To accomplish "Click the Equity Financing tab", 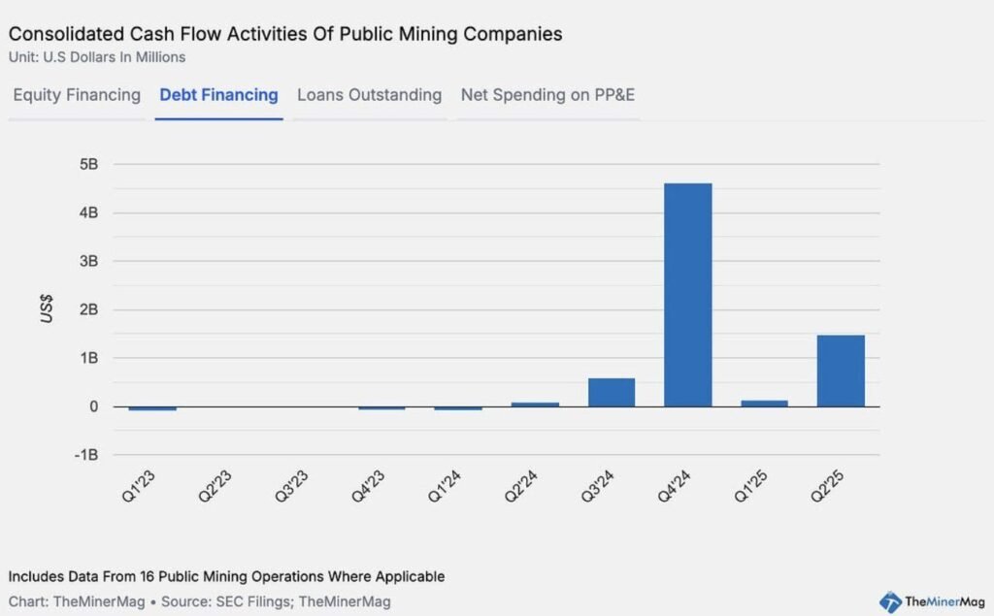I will tap(77, 95).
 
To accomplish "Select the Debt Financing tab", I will tap(218, 95).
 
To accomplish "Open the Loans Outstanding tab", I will tap(369, 95).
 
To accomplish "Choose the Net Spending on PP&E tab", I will tap(547, 95).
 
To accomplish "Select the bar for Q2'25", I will tap(841, 371).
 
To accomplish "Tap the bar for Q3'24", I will tap(612, 392).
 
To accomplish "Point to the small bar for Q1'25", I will tap(764, 403).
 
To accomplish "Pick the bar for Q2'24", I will tap(535, 404).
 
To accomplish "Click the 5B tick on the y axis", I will tap(88, 165).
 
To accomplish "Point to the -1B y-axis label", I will tap(85, 455).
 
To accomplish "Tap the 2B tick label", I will tap(88, 309).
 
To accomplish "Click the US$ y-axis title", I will tap(47, 310).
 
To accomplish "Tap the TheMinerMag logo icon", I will tap(890, 601).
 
